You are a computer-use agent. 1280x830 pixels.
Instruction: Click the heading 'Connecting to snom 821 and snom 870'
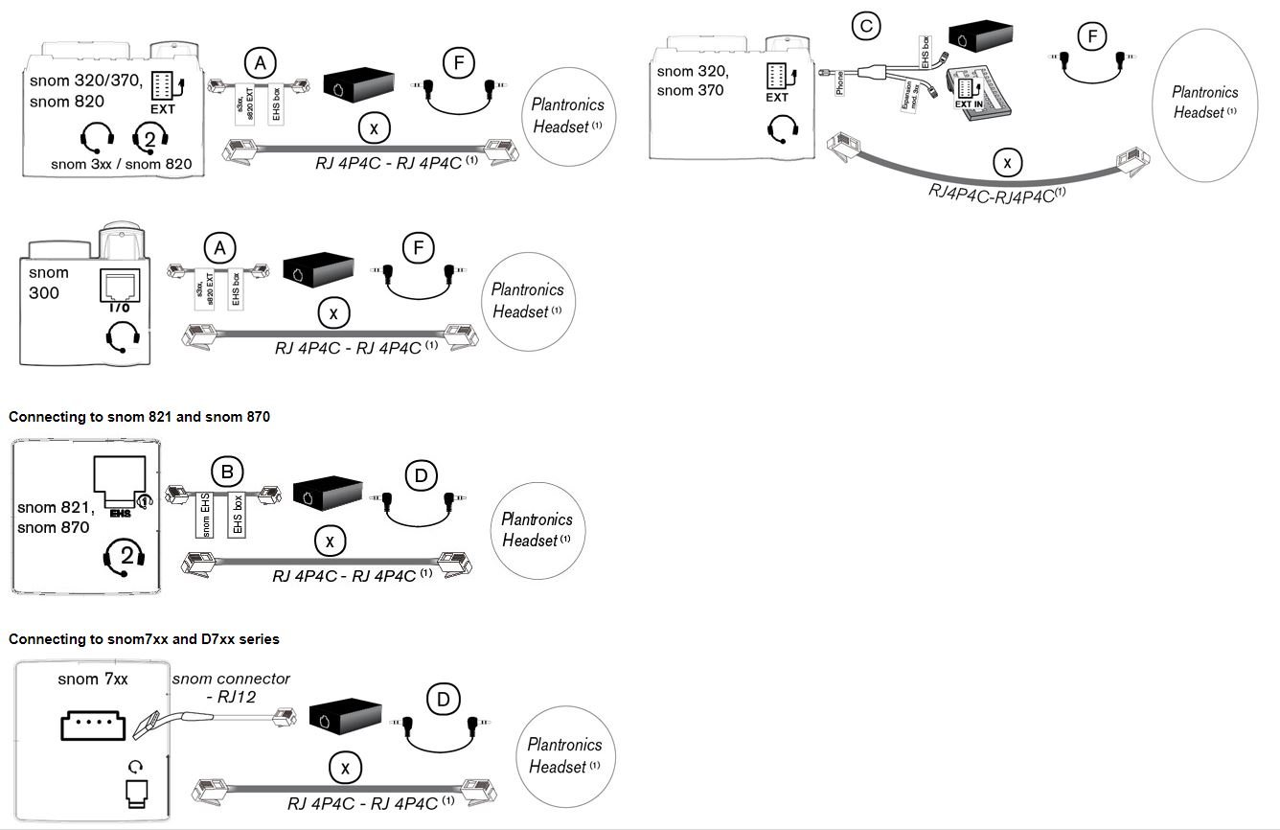click(139, 417)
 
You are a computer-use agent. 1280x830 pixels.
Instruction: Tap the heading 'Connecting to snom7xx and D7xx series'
click(144, 638)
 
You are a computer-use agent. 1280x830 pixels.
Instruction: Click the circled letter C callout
click(866, 26)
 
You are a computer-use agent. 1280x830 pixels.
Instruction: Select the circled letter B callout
click(227, 471)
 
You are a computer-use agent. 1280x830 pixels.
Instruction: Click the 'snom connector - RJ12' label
click(231, 687)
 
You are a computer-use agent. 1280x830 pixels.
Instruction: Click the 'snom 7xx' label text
click(92, 680)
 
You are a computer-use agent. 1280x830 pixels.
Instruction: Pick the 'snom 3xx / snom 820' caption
click(122, 164)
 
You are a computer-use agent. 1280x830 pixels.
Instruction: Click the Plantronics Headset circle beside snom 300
click(527, 300)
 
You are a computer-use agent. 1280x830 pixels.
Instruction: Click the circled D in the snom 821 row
click(421, 475)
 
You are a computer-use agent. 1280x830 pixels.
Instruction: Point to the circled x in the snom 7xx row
click(345, 767)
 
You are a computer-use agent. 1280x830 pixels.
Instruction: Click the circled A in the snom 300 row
click(219, 248)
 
